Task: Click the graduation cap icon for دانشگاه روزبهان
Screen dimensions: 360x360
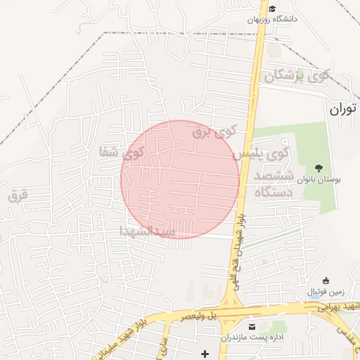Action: pyautogui.click(x=271, y=9)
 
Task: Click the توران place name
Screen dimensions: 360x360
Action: pyautogui.click(x=343, y=109)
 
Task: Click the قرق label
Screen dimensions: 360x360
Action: pyautogui.click(x=18, y=195)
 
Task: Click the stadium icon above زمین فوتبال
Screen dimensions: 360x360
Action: pyautogui.click(x=324, y=281)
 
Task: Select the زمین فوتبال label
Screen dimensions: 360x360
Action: pyautogui.click(x=322, y=291)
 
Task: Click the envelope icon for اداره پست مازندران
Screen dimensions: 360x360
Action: pyautogui.click(x=252, y=327)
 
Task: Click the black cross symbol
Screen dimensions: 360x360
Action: pyautogui.click(x=205, y=352)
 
